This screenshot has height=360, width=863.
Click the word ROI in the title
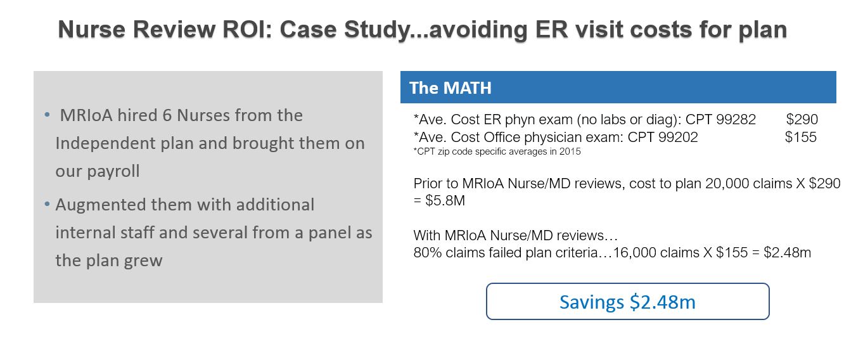tap(247, 29)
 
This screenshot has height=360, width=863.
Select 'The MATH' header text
tap(451, 88)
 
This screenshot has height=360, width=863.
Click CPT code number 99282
tap(736, 120)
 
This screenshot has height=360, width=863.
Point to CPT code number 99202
tap(678, 137)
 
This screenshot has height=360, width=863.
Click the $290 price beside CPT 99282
tap(802, 120)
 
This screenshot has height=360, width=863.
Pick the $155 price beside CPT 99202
tap(800, 137)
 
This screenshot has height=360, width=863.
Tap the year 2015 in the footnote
tap(570, 151)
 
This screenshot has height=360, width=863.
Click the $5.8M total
tap(445, 200)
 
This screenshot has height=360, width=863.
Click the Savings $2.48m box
tap(627, 302)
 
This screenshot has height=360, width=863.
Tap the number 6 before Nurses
tap(167, 115)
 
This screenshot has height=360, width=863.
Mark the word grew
tap(143, 261)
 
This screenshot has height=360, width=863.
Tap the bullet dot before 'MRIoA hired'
tap(47, 115)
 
